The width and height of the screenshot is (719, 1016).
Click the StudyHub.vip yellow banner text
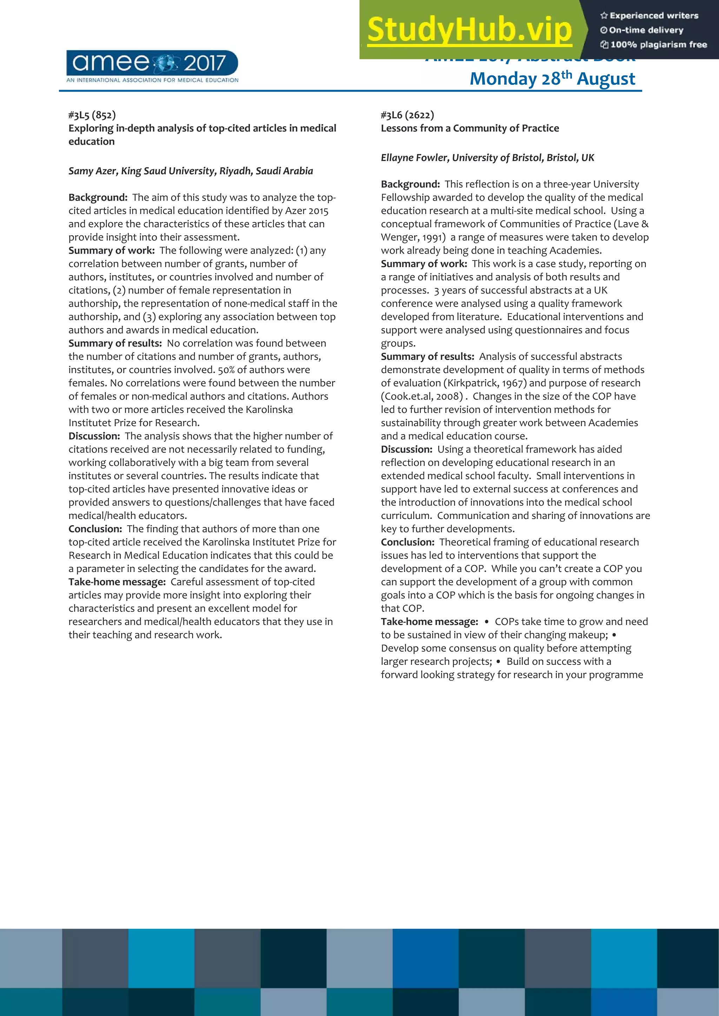pyautogui.click(x=470, y=30)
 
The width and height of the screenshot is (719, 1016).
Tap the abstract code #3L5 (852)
pyautogui.click(x=92, y=115)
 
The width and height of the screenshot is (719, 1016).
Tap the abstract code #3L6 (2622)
pyautogui.click(x=407, y=115)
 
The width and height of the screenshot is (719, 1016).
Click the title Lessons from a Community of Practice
pyautogui.click(x=470, y=128)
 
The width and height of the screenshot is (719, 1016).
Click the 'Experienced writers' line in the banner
pyautogui.click(x=649, y=15)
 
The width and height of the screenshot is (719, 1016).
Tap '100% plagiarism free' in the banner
pyautogui.click(x=654, y=44)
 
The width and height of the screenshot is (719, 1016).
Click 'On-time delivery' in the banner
pyautogui.click(x=642, y=30)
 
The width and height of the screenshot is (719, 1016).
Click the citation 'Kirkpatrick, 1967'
pyautogui.click(x=484, y=383)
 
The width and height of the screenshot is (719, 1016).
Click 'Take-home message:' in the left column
pyautogui.click(x=117, y=582)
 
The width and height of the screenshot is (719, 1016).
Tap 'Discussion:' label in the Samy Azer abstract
pyautogui.click(x=94, y=436)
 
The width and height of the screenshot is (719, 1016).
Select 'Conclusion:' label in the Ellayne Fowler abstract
pyautogui.click(x=408, y=542)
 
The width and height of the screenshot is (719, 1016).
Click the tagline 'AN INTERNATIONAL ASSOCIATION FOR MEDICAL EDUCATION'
pyautogui.click(x=152, y=80)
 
